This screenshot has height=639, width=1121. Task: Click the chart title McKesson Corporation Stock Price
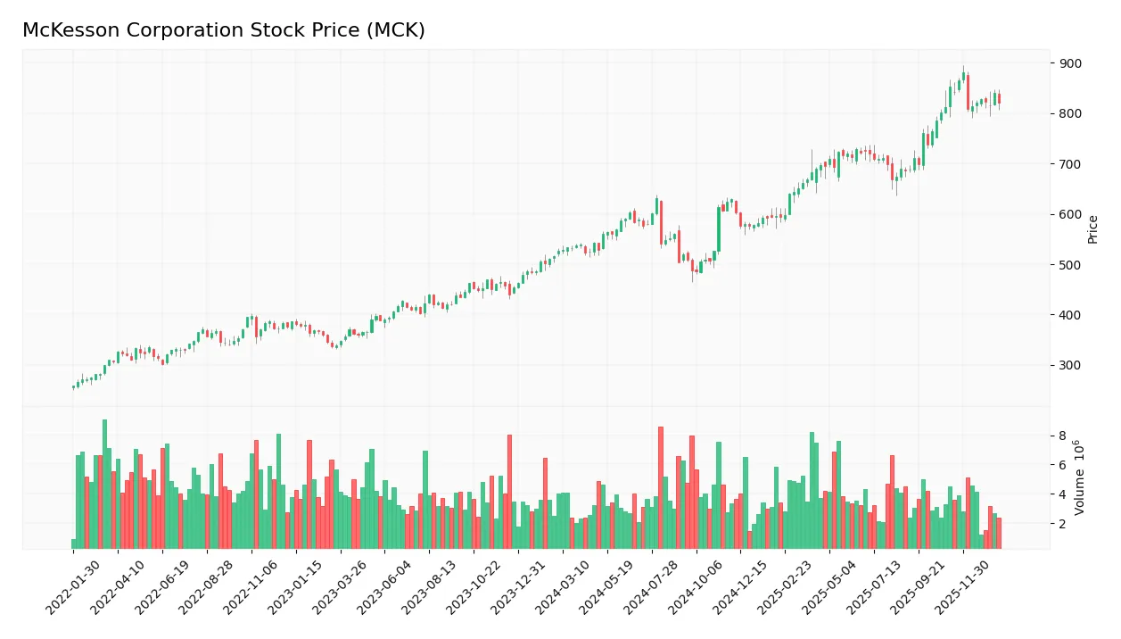[x=223, y=30]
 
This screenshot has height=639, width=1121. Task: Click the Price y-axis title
[x=1092, y=229]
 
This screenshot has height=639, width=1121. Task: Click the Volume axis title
[x=1080, y=477]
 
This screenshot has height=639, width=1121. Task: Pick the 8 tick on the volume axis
[x=1062, y=436]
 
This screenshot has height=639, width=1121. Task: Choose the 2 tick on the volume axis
[x=1062, y=524]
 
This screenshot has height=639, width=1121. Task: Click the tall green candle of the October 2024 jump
[x=719, y=229]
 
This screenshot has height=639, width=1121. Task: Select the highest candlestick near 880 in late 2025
[x=964, y=78]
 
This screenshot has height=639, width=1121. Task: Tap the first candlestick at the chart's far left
[x=74, y=387]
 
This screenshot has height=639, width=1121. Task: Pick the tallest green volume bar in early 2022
[x=104, y=484]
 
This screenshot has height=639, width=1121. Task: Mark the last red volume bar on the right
[x=999, y=533]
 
